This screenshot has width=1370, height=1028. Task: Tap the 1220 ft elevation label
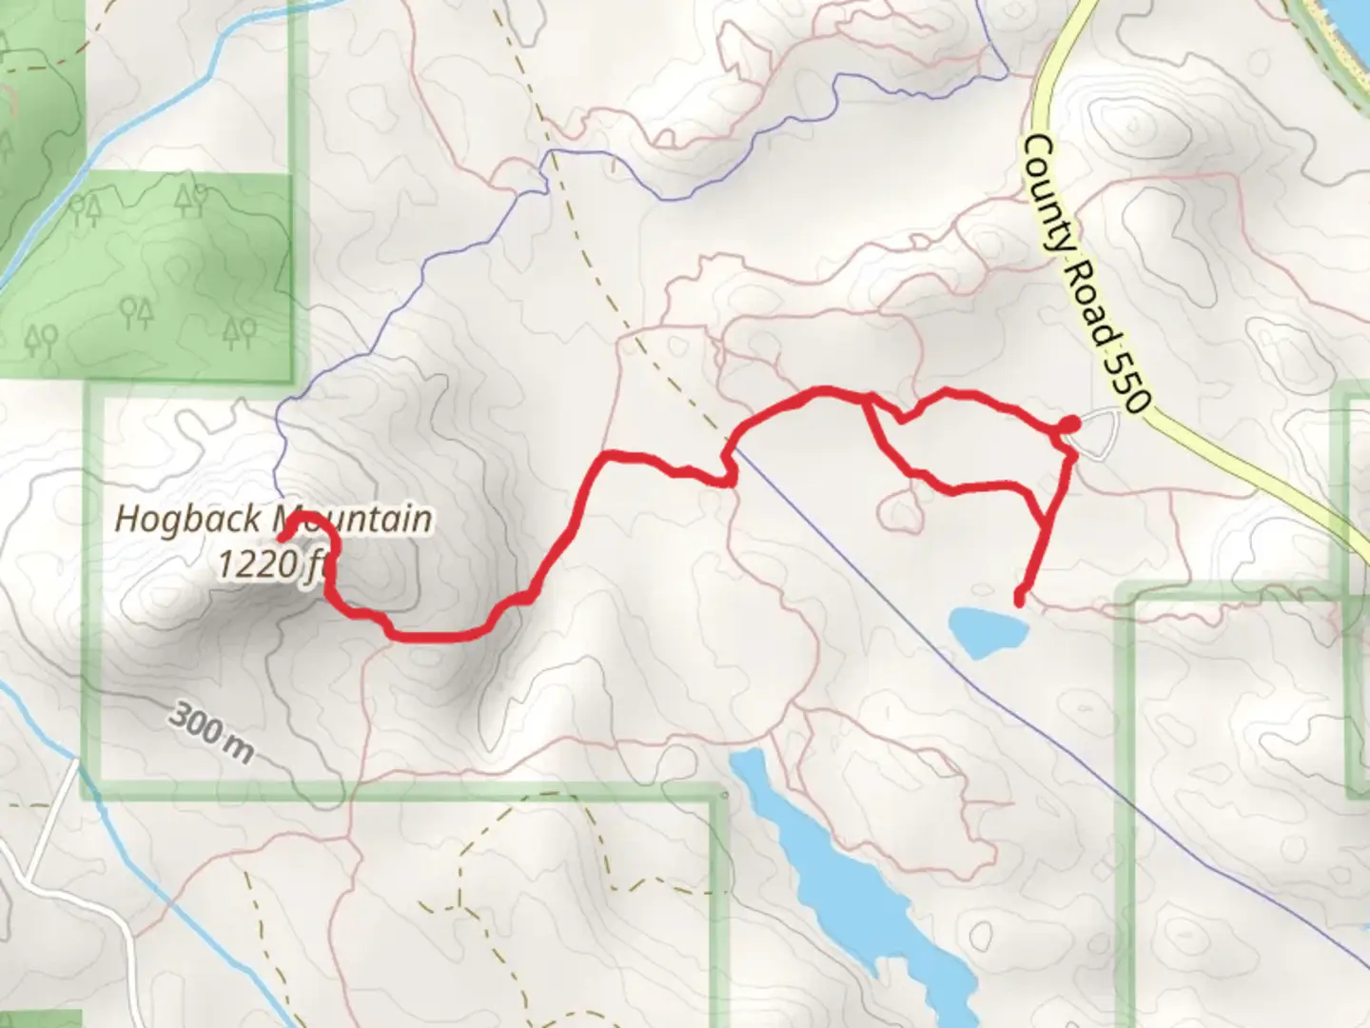pyautogui.click(x=271, y=564)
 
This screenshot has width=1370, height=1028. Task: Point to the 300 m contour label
pyautogui.click(x=212, y=733)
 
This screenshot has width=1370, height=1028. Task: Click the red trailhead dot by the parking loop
pyautogui.click(x=1069, y=424)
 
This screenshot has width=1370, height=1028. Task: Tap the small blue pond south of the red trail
pyautogui.click(x=988, y=630)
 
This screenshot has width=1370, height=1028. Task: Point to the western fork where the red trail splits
pyautogui.click(x=867, y=400)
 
